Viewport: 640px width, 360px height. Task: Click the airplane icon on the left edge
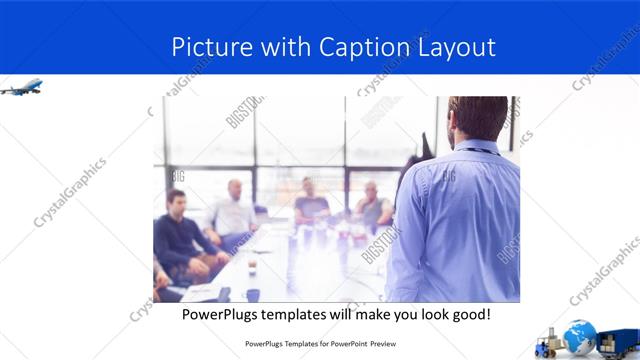[x=20, y=88]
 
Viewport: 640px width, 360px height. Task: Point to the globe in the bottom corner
[x=579, y=336]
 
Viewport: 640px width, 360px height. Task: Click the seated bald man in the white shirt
[x=235, y=210]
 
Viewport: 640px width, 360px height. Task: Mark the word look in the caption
[x=420, y=315]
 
